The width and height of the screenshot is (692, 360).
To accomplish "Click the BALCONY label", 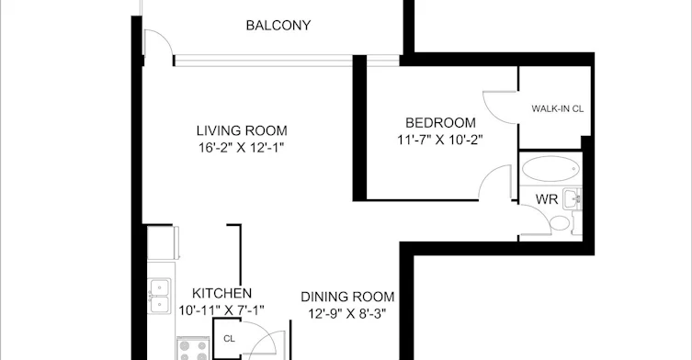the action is pyautogui.click(x=278, y=26).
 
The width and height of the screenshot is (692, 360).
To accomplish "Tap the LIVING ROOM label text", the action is pyautogui.click(x=242, y=130).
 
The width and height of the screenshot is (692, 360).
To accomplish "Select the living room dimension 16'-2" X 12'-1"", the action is pyautogui.click(x=241, y=147).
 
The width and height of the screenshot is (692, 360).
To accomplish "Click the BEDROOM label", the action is pyautogui.click(x=440, y=123).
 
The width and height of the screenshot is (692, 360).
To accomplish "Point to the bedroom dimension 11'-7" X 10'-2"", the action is pyautogui.click(x=440, y=140).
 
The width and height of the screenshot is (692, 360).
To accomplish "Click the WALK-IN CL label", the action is pyautogui.click(x=558, y=108).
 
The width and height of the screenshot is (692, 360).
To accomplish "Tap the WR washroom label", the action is pyautogui.click(x=547, y=199).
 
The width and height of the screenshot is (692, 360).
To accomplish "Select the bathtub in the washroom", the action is pyautogui.click(x=550, y=169).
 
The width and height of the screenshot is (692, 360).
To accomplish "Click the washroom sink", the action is pyautogui.click(x=573, y=199).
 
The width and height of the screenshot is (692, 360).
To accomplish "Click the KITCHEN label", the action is pyautogui.click(x=222, y=293).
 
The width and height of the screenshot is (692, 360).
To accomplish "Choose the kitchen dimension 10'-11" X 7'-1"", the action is pyautogui.click(x=221, y=310).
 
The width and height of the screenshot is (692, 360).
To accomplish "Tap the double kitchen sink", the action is pyautogui.click(x=159, y=296).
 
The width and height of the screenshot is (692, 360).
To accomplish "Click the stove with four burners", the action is pyautogui.click(x=193, y=349).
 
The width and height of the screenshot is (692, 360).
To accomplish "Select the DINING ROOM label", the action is pyautogui.click(x=347, y=297).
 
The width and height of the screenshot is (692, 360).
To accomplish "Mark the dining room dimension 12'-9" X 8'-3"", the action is pyautogui.click(x=347, y=314).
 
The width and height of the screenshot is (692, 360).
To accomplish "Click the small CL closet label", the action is pyautogui.click(x=229, y=339).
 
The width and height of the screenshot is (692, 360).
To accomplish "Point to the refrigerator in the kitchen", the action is pyautogui.click(x=163, y=242).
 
